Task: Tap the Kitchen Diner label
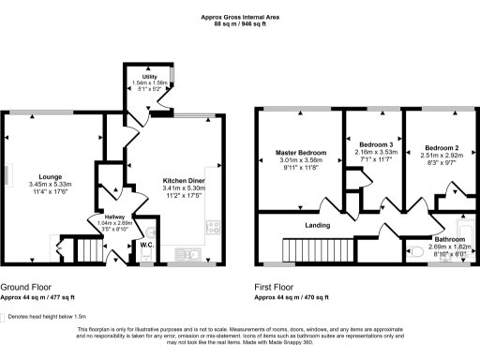point(184,180)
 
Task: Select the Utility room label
point(149,75)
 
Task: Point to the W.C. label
point(146,245)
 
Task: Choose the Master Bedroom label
point(301,152)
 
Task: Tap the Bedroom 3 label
point(375,144)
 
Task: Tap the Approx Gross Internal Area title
point(240,16)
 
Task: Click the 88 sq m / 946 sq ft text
point(240,23)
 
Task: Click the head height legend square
point(4,317)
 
